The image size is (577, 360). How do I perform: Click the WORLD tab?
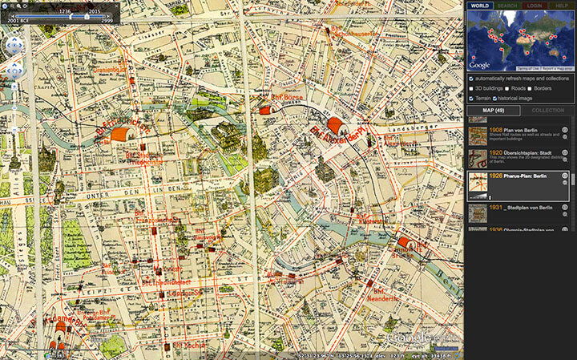[479, 6]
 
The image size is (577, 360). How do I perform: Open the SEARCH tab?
[506, 6]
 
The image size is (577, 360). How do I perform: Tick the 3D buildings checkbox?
[471, 87]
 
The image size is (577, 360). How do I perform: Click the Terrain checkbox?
[471, 97]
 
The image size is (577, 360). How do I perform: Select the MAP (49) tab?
[493, 110]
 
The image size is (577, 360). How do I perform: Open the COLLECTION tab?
[547, 110]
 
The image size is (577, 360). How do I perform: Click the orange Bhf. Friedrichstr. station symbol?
[122, 134]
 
